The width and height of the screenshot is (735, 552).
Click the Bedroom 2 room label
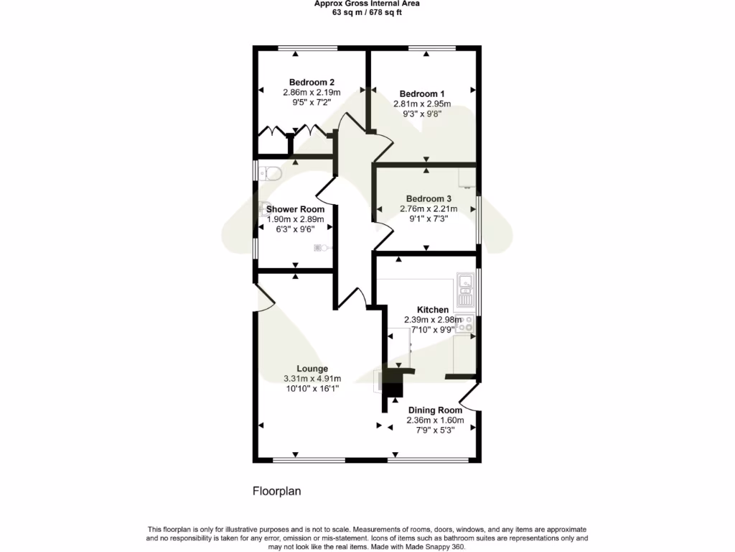[x=312, y=82]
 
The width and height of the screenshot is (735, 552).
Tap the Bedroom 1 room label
[x=422, y=94]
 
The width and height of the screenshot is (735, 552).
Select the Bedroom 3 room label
[x=429, y=199]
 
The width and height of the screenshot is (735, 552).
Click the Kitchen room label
[x=433, y=310]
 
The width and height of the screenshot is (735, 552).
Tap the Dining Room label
[x=436, y=410]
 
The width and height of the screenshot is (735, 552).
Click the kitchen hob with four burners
[x=466, y=324]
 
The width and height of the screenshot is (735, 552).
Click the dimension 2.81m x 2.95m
[x=422, y=103]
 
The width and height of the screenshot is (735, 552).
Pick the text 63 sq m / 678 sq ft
[x=367, y=12]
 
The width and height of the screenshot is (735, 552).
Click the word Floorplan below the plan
[x=276, y=492]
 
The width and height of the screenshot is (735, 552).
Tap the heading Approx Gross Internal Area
[x=367, y=4]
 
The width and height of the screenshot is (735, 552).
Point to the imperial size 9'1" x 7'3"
[x=429, y=218]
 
